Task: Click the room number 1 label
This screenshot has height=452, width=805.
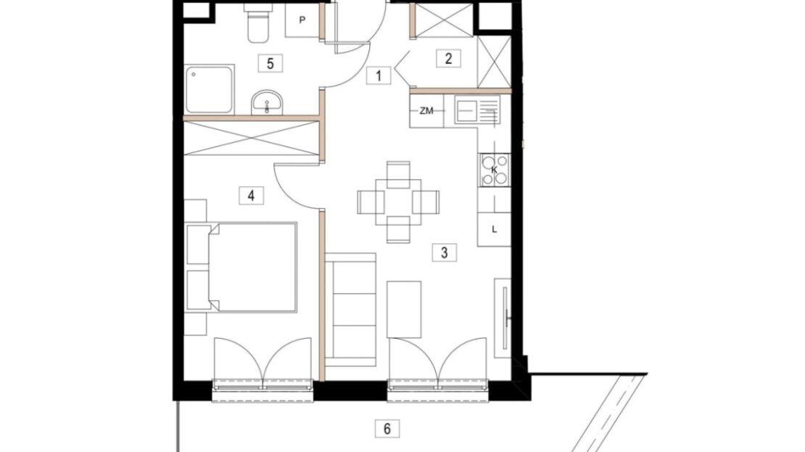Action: [379, 76]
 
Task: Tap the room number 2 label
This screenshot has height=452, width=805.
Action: [448, 59]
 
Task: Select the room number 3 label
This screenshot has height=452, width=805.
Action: [444, 252]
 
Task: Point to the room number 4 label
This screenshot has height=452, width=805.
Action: [251, 196]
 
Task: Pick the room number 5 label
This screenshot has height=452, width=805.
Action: [270, 64]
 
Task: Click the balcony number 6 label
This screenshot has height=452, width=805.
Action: [387, 428]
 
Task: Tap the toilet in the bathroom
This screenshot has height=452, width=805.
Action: [257, 23]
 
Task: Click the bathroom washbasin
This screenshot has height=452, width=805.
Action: [266, 103]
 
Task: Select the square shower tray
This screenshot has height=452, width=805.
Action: [210, 89]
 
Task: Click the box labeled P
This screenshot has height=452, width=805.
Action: [302, 20]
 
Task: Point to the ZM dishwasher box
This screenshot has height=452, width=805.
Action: [426, 110]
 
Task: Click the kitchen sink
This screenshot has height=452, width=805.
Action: [477, 111]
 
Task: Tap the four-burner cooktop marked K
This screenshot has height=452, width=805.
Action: [495, 170]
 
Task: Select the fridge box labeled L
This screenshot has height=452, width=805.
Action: [494, 229]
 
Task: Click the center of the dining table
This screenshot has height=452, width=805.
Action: [398, 202]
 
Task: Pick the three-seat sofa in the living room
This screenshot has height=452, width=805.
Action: [351, 310]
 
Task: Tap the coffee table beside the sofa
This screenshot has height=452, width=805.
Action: [404, 309]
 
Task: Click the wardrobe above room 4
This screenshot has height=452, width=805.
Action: [252, 138]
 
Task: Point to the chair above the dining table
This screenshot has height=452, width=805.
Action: [398, 175]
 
